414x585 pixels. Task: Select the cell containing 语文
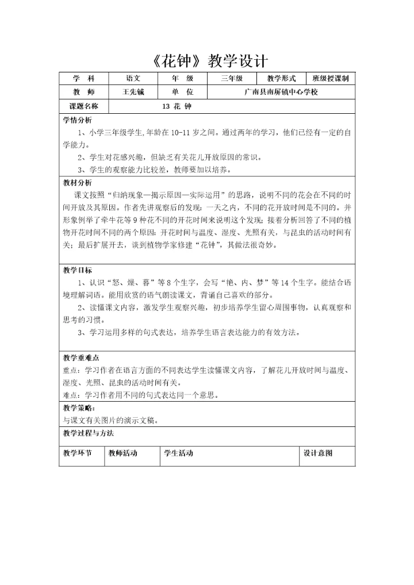click(x=133, y=79)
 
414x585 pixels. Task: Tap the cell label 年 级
click(x=182, y=79)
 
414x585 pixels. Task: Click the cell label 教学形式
click(x=281, y=79)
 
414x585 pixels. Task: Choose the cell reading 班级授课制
click(x=331, y=79)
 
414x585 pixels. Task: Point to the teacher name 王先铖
click(x=133, y=92)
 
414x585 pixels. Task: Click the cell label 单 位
click(x=182, y=92)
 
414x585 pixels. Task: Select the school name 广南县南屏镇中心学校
click(x=281, y=92)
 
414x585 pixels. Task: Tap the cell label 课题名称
click(x=84, y=106)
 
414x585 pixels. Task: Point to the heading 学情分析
click(x=77, y=120)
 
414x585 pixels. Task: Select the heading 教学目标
click(x=77, y=270)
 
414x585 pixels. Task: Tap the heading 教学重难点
click(x=80, y=357)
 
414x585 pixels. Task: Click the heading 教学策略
click(x=78, y=407)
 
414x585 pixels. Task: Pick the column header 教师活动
click(x=123, y=453)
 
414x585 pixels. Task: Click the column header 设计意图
click(x=318, y=453)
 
